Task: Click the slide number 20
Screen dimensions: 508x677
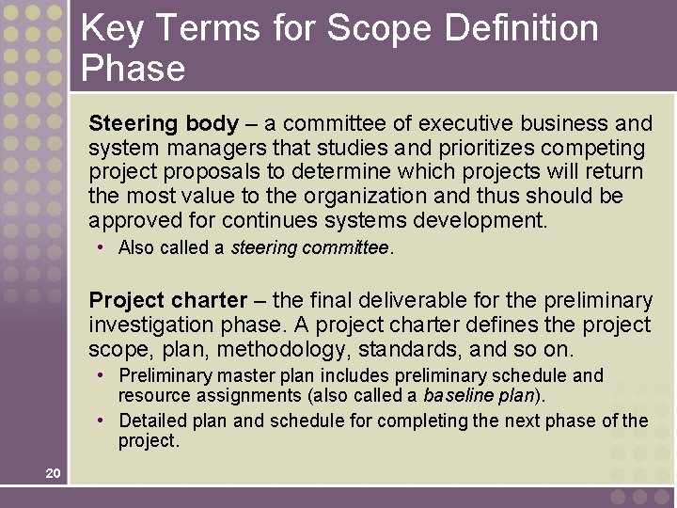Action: point(53,473)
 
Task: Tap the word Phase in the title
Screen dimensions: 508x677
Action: point(134,68)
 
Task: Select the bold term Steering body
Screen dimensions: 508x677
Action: point(164,123)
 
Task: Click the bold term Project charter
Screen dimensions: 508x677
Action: point(167,300)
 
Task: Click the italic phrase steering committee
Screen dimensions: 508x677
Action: point(309,248)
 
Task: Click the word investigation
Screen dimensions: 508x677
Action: point(149,325)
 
